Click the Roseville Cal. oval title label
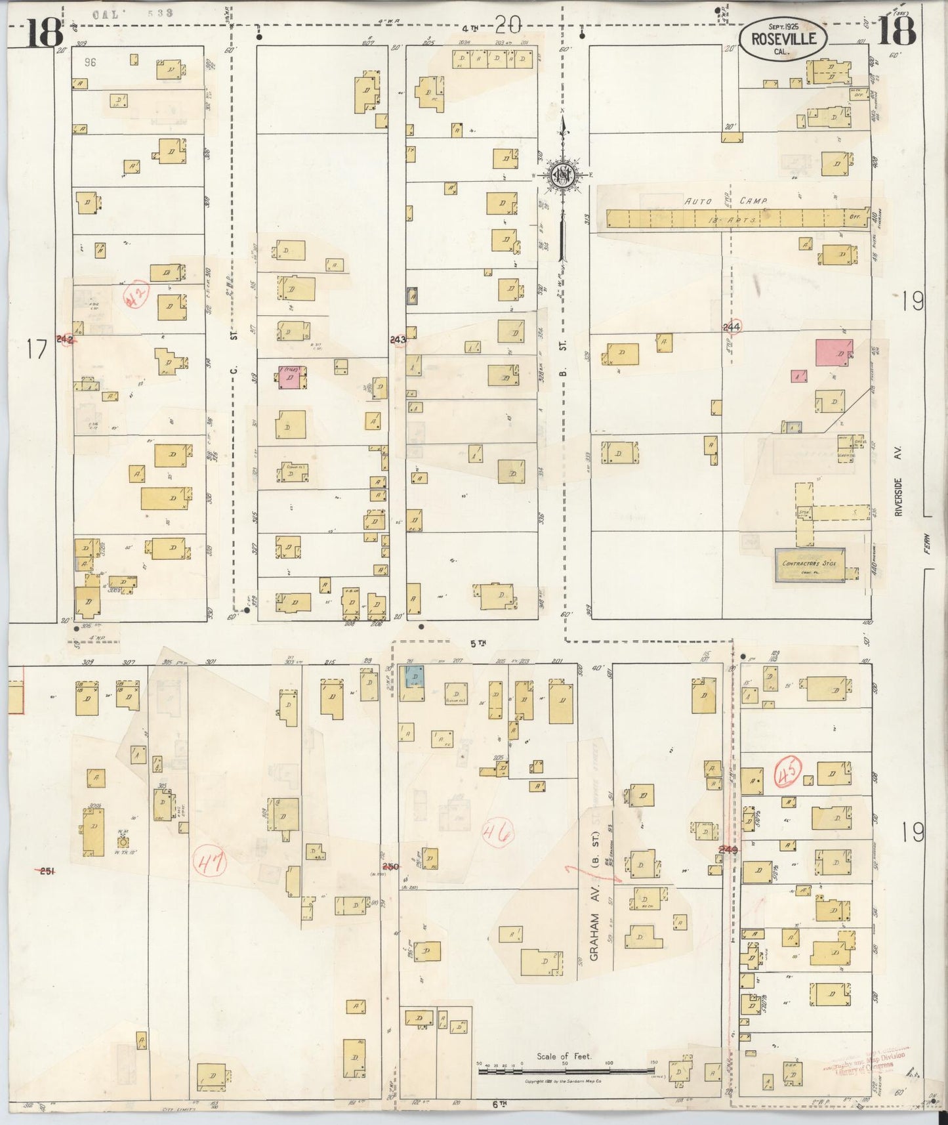tap(783, 40)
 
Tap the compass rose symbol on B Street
tap(562, 175)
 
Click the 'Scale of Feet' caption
tap(564, 1056)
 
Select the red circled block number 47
tap(210, 862)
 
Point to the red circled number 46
tap(498, 834)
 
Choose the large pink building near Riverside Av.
tap(834, 353)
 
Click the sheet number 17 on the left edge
tap(37, 350)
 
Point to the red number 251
tap(46, 871)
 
